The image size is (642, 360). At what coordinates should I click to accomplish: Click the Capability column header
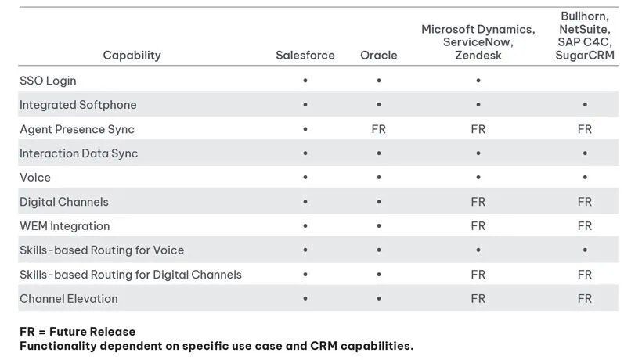click(132, 55)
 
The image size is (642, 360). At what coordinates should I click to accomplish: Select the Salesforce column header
click(305, 55)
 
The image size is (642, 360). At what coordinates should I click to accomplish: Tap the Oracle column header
click(378, 55)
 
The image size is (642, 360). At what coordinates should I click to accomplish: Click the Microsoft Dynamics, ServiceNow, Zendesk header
click(478, 42)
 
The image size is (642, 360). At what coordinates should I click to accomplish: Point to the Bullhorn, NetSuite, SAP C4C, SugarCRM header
click(584, 35)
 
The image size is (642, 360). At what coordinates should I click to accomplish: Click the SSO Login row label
click(48, 81)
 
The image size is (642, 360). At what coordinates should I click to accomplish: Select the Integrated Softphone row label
click(78, 105)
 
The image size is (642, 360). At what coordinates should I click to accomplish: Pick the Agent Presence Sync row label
click(77, 129)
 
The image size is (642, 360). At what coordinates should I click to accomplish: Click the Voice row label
click(34, 178)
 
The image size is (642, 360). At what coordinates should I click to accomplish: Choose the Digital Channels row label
click(64, 202)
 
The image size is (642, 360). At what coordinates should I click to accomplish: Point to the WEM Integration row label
click(64, 226)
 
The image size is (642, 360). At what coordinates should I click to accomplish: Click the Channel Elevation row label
click(68, 299)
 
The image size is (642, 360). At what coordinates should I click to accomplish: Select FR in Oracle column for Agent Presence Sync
click(378, 129)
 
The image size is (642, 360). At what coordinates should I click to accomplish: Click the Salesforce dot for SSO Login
click(305, 81)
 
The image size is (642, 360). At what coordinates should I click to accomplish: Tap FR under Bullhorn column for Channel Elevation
click(584, 299)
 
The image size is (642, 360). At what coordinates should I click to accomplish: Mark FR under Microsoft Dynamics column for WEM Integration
click(478, 226)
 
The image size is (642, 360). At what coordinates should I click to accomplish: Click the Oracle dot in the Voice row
click(378, 178)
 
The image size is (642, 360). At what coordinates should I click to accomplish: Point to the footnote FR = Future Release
click(78, 332)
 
